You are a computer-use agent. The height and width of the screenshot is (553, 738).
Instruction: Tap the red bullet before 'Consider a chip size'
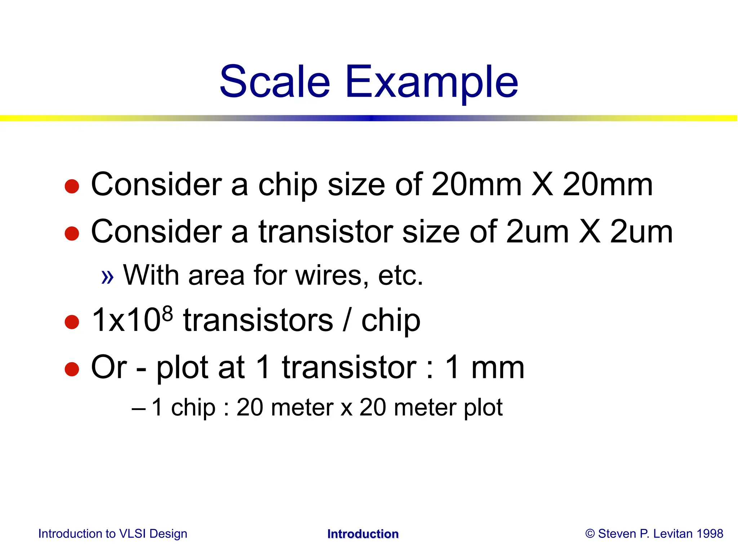click(x=72, y=186)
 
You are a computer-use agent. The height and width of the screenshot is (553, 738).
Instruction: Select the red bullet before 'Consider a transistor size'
click(x=72, y=233)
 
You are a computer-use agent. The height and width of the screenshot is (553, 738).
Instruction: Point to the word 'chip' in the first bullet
click(x=288, y=185)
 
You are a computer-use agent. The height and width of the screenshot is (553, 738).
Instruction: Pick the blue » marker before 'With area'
click(x=107, y=276)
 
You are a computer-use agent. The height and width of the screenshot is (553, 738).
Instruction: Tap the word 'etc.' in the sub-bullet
click(x=400, y=275)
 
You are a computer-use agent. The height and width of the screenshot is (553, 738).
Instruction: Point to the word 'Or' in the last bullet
click(x=108, y=367)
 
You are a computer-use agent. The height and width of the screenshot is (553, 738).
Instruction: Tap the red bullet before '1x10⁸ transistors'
click(x=72, y=322)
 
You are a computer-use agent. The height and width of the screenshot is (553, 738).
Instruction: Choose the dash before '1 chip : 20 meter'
click(x=139, y=409)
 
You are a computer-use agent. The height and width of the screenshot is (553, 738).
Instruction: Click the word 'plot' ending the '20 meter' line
click(x=483, y=408)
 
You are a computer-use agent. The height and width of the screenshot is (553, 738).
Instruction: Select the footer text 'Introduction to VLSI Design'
click(x=113, y=534)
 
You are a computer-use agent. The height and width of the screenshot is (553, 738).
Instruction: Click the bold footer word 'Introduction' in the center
click(x=363, y=534)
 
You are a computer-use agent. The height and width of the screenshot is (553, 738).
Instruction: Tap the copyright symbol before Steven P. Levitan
click(x=590, y=534)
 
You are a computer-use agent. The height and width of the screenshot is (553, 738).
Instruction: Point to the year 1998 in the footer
click(x=710, y=534)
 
